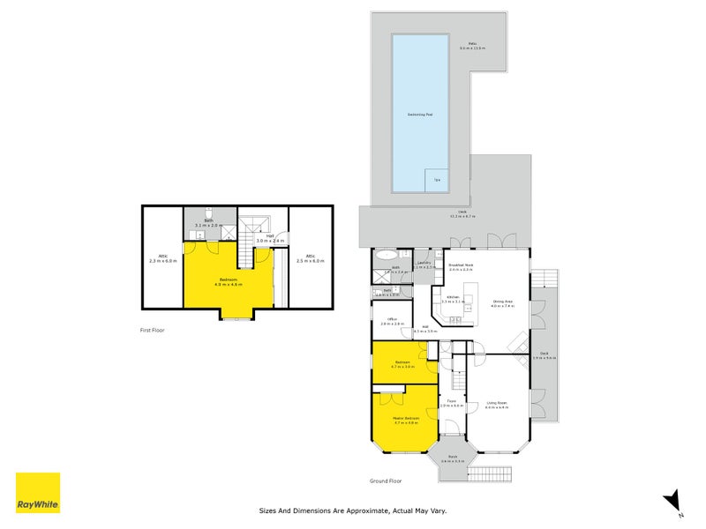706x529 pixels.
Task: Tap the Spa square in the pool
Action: pyautogui.click(x=436, y=180)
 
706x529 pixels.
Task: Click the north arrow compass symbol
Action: pyautogui.click(x=673, y=500)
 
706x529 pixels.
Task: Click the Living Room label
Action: pyautogui.click(x=497, y=406)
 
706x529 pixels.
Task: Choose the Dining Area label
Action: pyautogui.click(x=504, y=302)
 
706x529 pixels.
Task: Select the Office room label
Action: pyautogui.click(x=392, y=321)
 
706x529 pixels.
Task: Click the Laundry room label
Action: pyautogui.click(x=424, y=264)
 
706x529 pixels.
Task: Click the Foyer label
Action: pyautogui.click(x=451, y=403)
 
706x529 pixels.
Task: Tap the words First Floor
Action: pyautogui.click(x=153, y=330)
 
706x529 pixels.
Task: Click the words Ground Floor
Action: pyautogui.click(x=386, y=481)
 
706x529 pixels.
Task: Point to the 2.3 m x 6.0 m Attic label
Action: pyautogui.click(x=163, y=258)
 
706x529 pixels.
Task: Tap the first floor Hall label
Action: pyautogui.click(x=269, y=237)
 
